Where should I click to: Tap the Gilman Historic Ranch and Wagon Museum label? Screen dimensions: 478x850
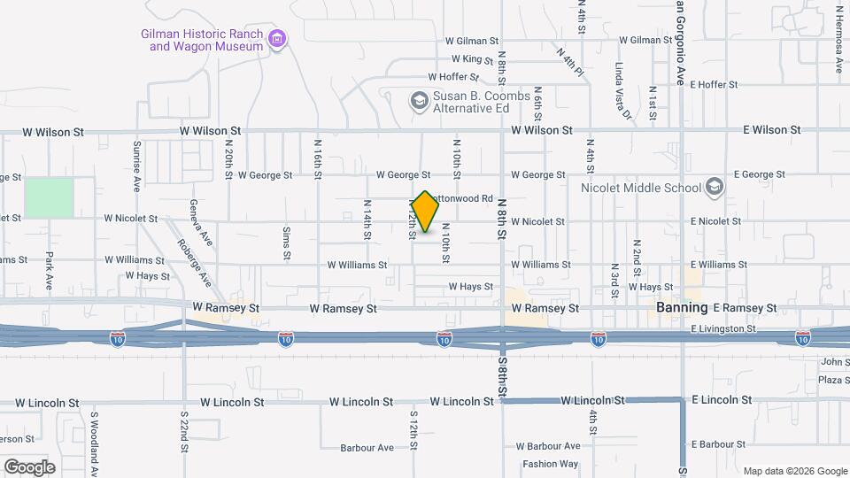(x=203, y=40)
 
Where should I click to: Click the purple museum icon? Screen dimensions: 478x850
(x=277, y=38)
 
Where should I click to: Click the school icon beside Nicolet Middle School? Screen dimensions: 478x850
(x=714, y=187)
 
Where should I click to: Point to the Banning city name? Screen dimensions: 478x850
(x=682, y=307)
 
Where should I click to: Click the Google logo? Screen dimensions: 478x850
(x=29, y=466)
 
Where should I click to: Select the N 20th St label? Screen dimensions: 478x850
(x=228, y=163)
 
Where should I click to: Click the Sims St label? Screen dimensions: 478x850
(x=286, y=243)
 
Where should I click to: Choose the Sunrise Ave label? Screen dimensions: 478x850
(x=137, y=166)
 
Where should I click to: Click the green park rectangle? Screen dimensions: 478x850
(x=49, y=197)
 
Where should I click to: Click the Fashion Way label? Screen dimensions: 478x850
(x=550, y=464)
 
